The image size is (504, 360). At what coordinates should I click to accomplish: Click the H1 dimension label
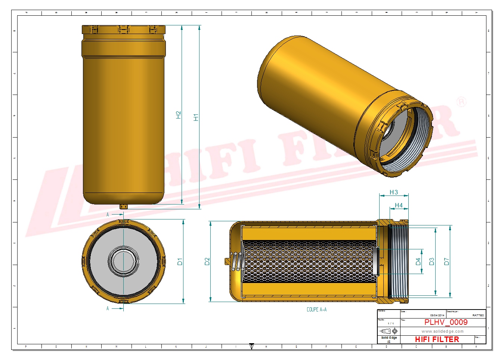[x=196, y=117]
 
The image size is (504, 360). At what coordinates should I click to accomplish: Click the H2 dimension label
[x=178, y=115]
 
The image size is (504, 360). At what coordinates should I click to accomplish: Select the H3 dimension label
[x=394, y=192]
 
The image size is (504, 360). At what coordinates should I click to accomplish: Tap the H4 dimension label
[x=399, y=205]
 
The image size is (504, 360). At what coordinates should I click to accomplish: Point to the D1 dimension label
[x=180, y=262]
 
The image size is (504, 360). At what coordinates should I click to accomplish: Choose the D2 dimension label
[x=207, y=261]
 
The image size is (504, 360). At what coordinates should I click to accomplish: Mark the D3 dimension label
[x=432, y=262]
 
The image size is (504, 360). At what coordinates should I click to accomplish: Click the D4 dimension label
[x=418, y=262]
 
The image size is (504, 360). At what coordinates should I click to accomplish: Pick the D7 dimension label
[x=446, y=262]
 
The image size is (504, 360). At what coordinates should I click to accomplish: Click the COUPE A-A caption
[x=316, y=310]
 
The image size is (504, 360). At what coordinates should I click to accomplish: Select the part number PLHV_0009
[x=446, y=322]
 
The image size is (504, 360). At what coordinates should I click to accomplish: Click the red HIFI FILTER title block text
[x=437, y=339]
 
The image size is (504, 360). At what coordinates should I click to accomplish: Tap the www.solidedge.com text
[x=442, y=331]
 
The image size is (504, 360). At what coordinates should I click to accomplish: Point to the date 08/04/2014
[x=437, y=316]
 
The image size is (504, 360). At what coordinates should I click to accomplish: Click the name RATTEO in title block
[x=478, y=316]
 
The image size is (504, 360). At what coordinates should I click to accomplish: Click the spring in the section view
[x=236, y=261]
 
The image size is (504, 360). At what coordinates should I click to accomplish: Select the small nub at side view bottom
[x=124, y=206]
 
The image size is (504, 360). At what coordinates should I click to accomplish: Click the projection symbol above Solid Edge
[x=388, y=331]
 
